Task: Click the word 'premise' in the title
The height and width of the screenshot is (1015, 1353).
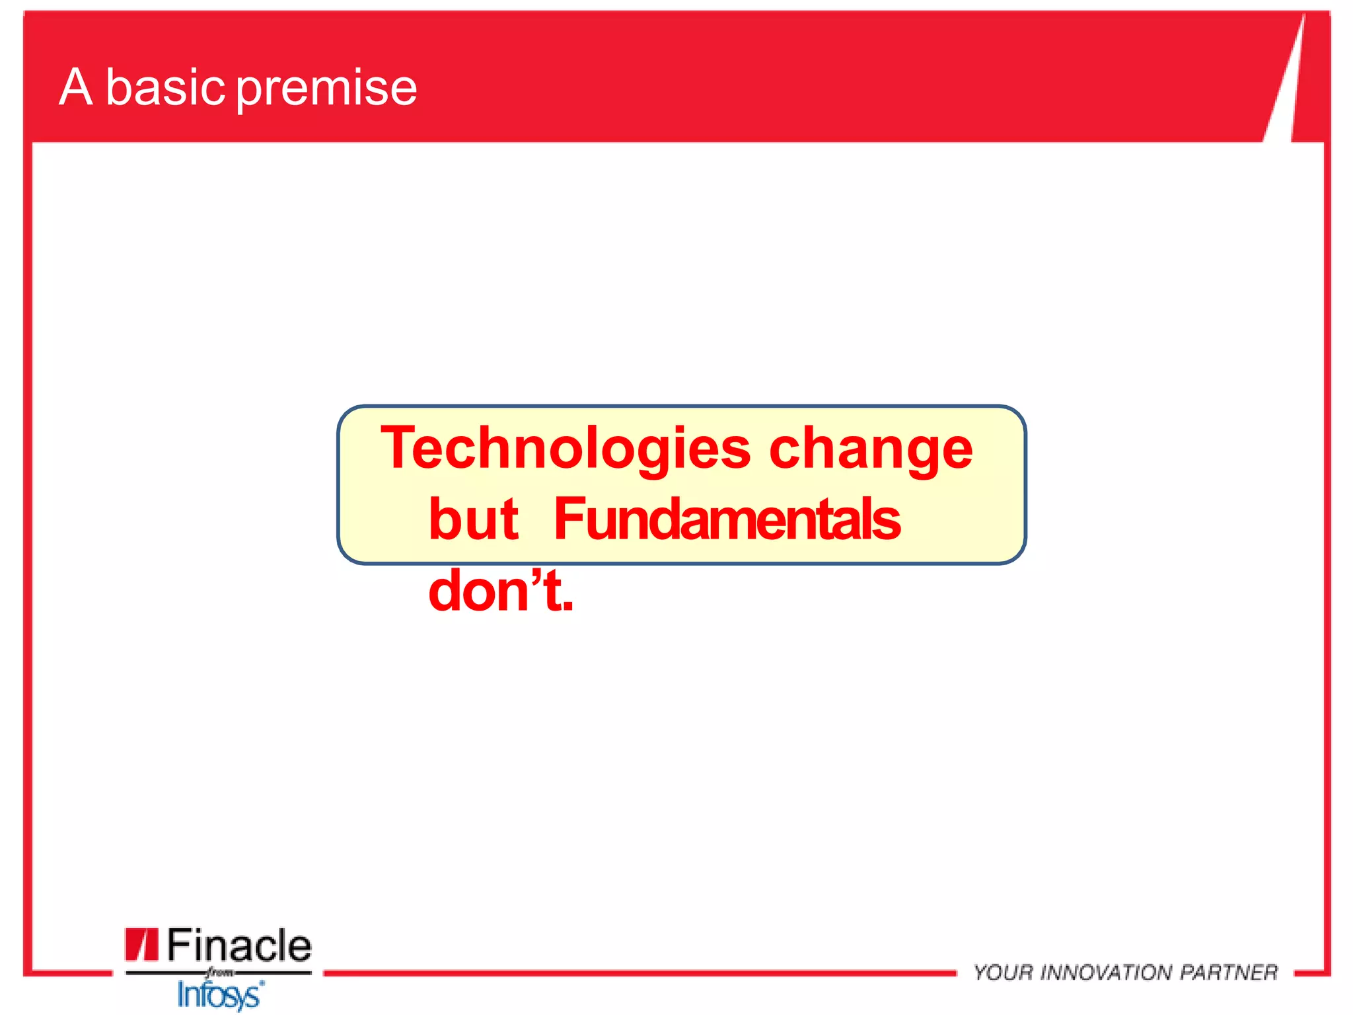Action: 326,89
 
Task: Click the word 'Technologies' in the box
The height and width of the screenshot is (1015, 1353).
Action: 566,449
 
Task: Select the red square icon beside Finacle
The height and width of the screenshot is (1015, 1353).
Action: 141,944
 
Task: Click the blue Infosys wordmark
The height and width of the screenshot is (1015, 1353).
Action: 221,995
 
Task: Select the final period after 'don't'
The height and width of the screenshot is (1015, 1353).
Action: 568,607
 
